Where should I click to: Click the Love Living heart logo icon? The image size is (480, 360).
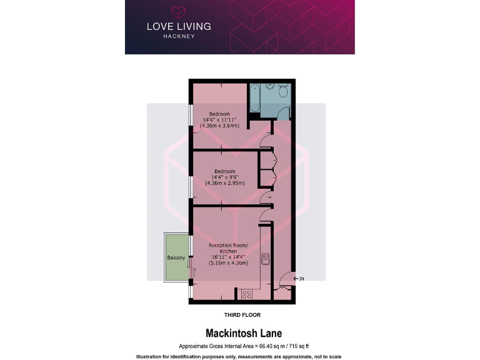(179, 12)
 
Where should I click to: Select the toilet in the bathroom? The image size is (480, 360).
(283, 93)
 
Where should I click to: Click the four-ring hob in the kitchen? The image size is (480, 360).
(246, 293)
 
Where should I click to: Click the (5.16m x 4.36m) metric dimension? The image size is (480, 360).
(228, 263)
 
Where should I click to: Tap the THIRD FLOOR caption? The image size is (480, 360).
(242, 315)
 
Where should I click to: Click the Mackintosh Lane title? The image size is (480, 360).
(240, 334)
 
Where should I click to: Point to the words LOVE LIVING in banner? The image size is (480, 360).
(179, 26)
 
